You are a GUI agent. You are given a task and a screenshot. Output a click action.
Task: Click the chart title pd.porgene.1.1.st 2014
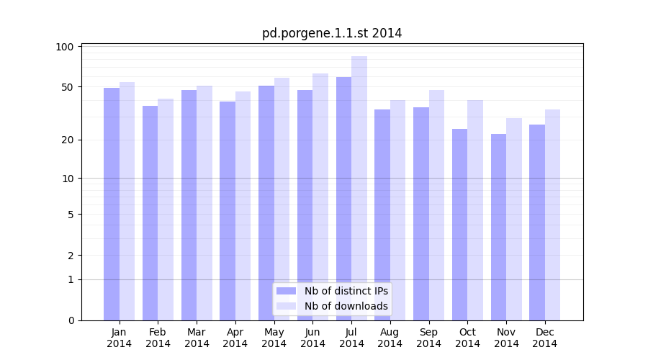332,33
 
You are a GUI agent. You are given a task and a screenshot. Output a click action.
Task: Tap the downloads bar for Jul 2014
359,188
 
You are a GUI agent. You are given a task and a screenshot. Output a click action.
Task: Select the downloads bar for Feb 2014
166,210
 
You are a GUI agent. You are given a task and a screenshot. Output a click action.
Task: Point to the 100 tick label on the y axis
65,47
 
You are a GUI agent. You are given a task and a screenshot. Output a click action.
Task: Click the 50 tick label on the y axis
67,87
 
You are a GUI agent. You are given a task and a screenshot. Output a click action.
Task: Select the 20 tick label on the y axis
67,140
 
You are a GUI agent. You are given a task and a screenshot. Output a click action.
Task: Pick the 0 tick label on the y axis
70,320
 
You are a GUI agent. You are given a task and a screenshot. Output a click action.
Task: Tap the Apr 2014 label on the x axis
235,338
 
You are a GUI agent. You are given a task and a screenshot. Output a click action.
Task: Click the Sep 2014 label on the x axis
428,338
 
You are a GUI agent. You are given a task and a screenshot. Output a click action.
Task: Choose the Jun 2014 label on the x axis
312,338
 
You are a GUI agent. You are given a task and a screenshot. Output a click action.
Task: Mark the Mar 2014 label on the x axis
197,338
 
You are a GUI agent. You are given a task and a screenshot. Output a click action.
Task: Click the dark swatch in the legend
286,291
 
